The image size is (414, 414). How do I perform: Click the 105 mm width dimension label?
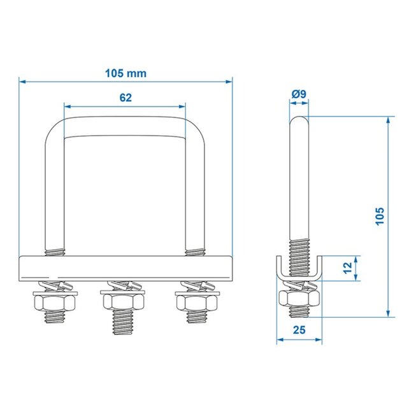(x=125, y=73)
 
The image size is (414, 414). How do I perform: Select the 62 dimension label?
(x=125, y=97)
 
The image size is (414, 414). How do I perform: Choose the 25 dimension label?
(x=299, y=330)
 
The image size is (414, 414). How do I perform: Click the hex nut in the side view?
(x=299, y=297)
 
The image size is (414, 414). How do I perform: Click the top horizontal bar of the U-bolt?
(x=125, y=127)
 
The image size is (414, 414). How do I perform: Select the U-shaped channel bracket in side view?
(x=299, y=270)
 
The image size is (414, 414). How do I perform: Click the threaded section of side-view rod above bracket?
(x=299, y=248)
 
